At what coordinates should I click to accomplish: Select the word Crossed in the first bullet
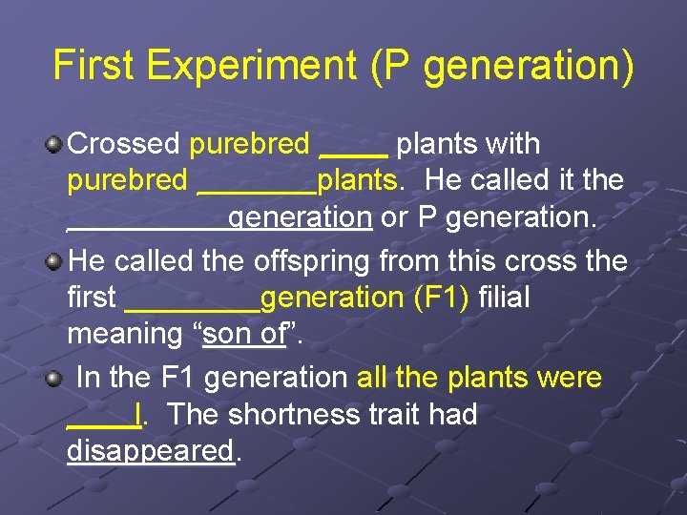click(x=125, y=144)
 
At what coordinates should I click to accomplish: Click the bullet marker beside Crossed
click(x=55, y=145)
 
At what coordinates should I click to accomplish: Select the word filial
click(x=505, y=298)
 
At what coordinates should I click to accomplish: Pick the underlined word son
click(x=224, y=335)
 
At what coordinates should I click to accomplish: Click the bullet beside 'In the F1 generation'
click(x=55, y=378)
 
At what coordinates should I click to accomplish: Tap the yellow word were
click(x=570, y=378)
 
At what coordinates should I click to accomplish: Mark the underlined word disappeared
click(x=151, y=450)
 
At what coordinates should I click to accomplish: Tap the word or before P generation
click(x=394, y=217)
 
